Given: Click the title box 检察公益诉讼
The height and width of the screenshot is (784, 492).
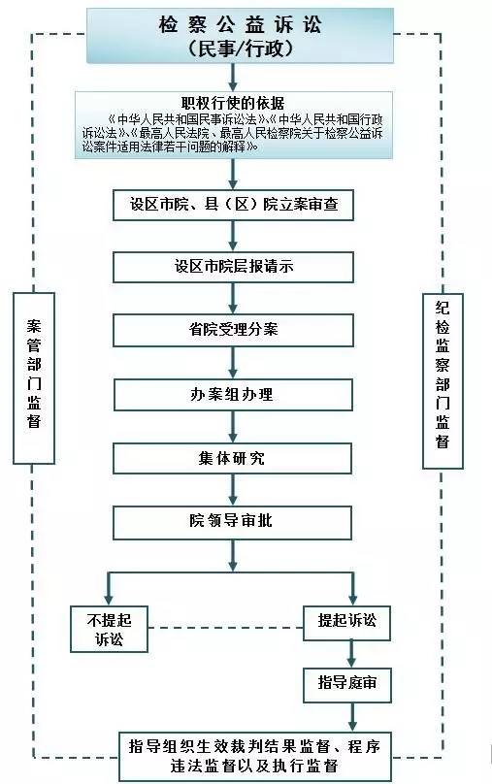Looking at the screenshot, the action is coord(240,36).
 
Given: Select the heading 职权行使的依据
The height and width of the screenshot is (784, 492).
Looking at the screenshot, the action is coord(233,103).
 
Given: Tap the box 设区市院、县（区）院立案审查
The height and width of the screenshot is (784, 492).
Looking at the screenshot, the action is coord(233,205).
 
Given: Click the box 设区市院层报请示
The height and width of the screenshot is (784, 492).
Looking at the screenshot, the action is coord(233,268).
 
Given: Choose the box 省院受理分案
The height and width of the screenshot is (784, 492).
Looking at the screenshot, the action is coord(233,330).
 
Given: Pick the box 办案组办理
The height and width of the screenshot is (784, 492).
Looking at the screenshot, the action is coord(233,395).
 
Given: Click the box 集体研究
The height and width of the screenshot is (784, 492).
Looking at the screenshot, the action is coord(233,459).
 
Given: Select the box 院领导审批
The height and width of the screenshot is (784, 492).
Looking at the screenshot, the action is coord(233,522).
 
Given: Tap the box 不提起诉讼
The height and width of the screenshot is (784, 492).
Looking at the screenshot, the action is coord(109,629).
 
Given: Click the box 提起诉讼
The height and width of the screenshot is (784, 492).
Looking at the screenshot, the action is coord(347,623).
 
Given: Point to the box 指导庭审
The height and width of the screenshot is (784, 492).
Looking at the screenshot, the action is coord(347,684).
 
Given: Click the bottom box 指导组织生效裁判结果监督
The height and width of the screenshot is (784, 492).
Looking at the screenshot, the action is coord(255,757).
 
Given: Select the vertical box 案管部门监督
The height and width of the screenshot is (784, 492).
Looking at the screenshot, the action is coord(34,378).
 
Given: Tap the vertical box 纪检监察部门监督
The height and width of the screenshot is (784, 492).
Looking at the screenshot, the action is coord(443,381).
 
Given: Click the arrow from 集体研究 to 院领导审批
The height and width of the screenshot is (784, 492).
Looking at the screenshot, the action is coord(233,489).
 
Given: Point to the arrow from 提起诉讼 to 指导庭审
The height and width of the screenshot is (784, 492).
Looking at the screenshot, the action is coord(351,654).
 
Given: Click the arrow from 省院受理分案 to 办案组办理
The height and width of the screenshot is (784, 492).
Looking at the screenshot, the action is coord(233,363).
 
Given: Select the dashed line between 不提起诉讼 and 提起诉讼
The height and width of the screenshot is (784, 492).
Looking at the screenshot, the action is coord(225,628).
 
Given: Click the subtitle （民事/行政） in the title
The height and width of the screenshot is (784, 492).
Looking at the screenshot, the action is coord(240,49).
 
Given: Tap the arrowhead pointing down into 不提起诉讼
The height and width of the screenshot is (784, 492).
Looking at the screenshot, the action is coord(109,599).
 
